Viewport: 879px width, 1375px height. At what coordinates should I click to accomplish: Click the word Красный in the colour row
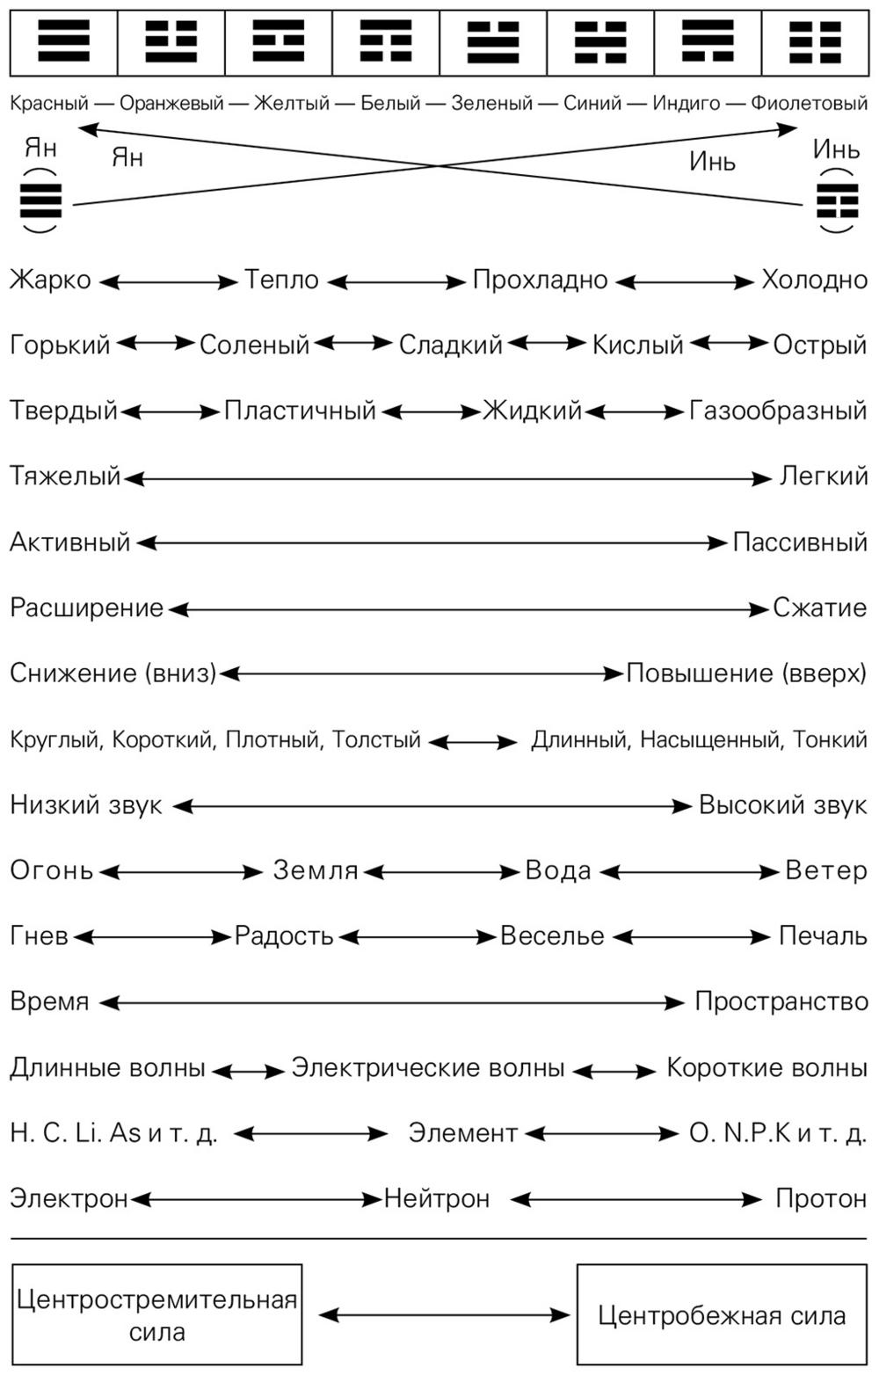(x=49, y=104)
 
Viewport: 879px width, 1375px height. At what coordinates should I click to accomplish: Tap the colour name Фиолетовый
(x=809, y=104)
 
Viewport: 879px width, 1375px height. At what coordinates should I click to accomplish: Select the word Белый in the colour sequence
(x=390, y=104)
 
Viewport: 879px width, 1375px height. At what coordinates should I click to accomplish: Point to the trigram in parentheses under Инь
(x=837, y=202)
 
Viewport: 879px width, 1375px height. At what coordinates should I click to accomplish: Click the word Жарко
(x=50, y=280)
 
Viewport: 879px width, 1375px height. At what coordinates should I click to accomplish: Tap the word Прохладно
(x=540, y=280)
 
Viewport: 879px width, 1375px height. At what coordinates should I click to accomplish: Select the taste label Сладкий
(x=450, y=346)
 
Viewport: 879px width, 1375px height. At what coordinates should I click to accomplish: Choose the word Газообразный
(x=778, y=411)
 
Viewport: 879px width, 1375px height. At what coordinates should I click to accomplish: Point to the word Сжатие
(x=819, y=607)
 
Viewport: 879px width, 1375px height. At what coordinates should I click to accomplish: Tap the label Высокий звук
(x=782, y=805)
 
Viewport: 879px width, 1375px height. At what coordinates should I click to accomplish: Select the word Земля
(x=316, y=871)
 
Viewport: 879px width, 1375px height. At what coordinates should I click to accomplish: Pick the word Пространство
(x=781, y=1002)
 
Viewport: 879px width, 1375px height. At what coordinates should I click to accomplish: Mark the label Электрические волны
(x=428, y=1068)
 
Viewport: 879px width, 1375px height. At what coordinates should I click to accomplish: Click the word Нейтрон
(x=437, y=1198)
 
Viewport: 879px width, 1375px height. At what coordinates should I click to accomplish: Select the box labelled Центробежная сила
(x=722, y=1314)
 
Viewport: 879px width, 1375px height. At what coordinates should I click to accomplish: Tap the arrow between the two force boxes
(x=444, y=1315)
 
